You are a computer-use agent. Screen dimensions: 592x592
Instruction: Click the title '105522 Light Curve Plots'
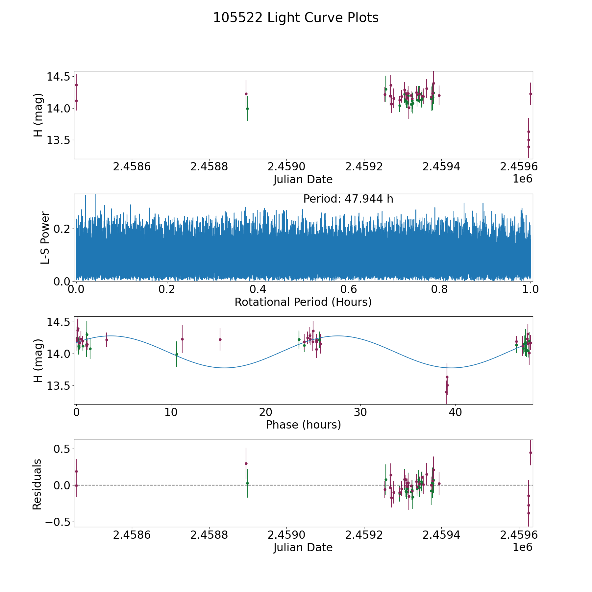click(296, 18)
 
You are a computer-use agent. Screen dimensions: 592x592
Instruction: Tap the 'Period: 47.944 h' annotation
click(348, 199)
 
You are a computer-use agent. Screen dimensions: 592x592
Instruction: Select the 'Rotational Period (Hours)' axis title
click(303, 302)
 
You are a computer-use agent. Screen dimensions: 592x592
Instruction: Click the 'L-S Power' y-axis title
click(45, 237)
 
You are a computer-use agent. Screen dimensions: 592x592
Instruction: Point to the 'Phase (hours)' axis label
click(303, 425)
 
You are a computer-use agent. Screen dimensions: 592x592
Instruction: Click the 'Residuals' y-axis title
click(37, 484)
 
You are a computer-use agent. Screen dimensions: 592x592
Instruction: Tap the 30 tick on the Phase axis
click(360, 412)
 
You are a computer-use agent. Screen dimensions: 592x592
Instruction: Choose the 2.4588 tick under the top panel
click(209, 167)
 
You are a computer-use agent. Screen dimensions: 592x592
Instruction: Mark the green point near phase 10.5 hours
click(177, 354)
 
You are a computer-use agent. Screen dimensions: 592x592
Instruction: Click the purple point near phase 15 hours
click(220, 339)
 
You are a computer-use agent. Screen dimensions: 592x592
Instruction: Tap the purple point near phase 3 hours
click(107, 340)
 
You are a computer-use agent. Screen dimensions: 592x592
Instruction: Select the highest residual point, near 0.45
click(530, 453)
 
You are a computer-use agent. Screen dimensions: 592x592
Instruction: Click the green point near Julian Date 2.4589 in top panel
click(247, 109)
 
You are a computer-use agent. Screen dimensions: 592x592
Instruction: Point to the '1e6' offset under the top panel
click(522, 179)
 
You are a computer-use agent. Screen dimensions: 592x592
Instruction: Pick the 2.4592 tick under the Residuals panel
click(364, 535)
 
